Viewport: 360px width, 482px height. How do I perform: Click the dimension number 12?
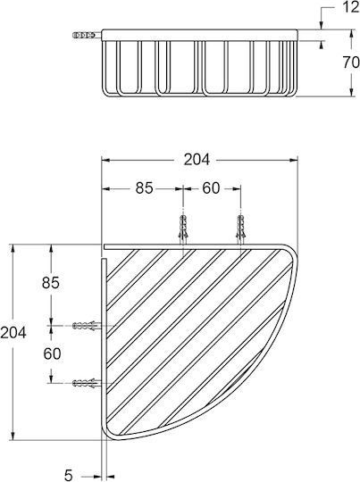[x=351, y=7]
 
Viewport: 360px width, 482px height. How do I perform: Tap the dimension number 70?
[x=351, y=62]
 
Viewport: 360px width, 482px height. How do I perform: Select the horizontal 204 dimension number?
[x=197, y=160]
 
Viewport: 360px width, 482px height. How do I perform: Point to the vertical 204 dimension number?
[x=13, y=333]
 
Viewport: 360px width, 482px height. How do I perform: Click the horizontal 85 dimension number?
[x=145, y=188]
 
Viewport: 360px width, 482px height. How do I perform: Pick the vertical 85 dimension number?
[x=51, y=283]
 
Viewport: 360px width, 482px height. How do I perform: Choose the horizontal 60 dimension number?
[x=211, y=188]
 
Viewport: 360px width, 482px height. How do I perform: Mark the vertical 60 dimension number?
[x=52, y=353]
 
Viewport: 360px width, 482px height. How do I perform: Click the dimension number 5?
[x=68, y=475]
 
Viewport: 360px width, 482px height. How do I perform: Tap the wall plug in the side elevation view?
[x=84, y=35]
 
